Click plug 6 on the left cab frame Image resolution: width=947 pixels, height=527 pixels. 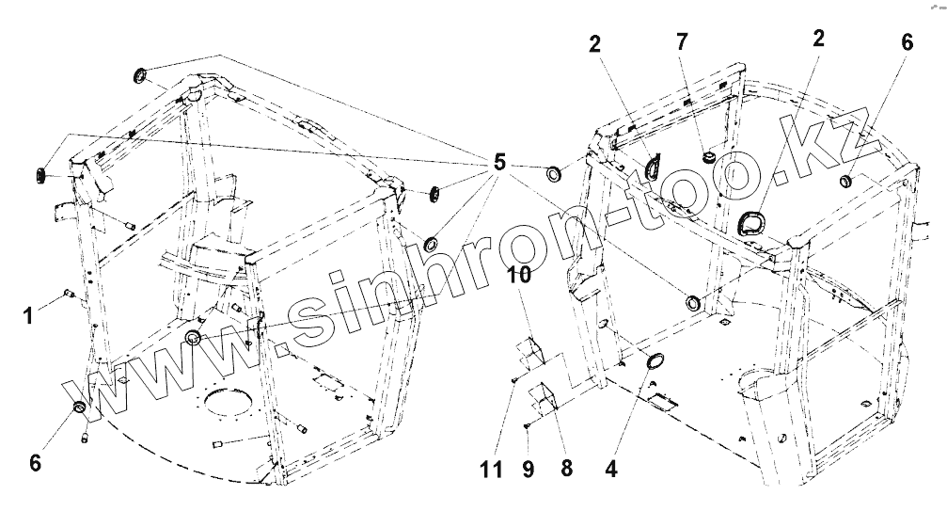(x=80, y=407)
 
